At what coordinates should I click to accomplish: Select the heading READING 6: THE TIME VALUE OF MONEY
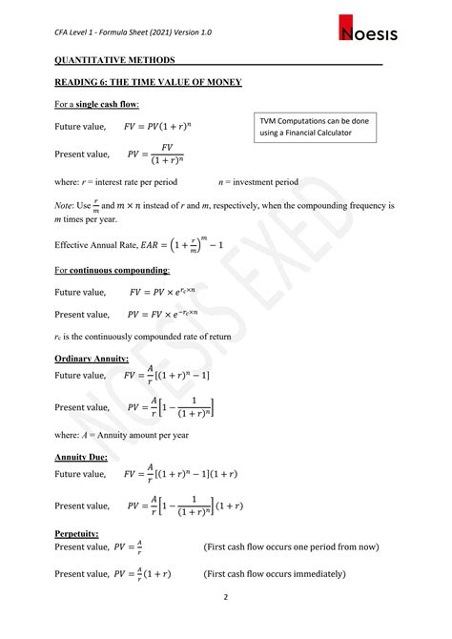click(x=148, y=83)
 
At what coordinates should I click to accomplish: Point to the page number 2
click(x=226, y=597)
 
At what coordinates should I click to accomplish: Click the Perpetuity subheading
click(x=77, y=533)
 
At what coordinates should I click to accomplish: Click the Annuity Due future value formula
click(x=188, y=474)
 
